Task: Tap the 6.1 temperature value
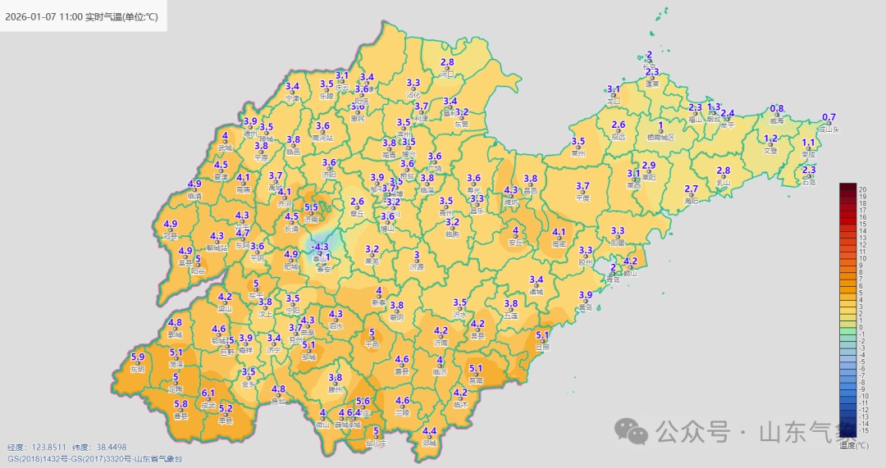[208, 393]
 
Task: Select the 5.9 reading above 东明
[138, 357]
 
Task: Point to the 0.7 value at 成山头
[829, 117]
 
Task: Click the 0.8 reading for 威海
[777, 109]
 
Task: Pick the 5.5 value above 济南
[311, 208]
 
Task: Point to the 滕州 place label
[335, 391]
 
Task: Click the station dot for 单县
[226, 416]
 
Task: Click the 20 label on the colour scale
[863, 189]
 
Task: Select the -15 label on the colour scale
[863, 431]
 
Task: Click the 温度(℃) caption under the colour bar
[853, 445]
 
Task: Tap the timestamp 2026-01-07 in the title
[30, 14]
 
